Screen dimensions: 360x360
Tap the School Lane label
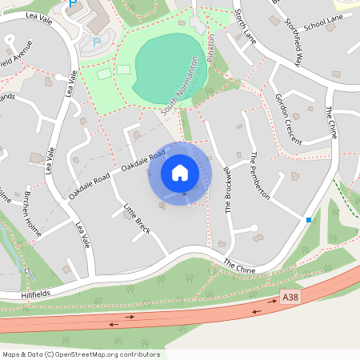(322, 25)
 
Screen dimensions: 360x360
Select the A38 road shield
(290, 298)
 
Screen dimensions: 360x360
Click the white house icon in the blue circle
(179, 173)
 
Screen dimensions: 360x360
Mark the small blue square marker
(309, 219)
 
